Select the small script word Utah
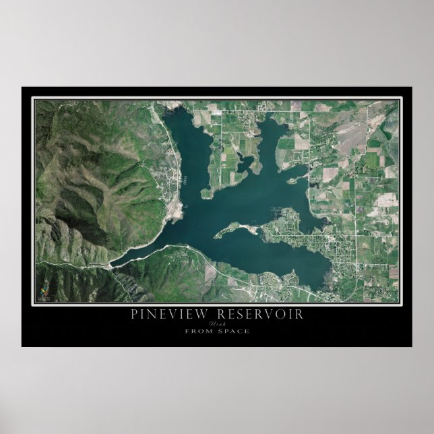pos(217,324)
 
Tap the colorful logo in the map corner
pos(44,290)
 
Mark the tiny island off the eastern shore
pos(290,181)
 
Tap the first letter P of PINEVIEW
pos(135,314)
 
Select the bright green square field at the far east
pos(371,160)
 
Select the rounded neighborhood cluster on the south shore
pos(270,278)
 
